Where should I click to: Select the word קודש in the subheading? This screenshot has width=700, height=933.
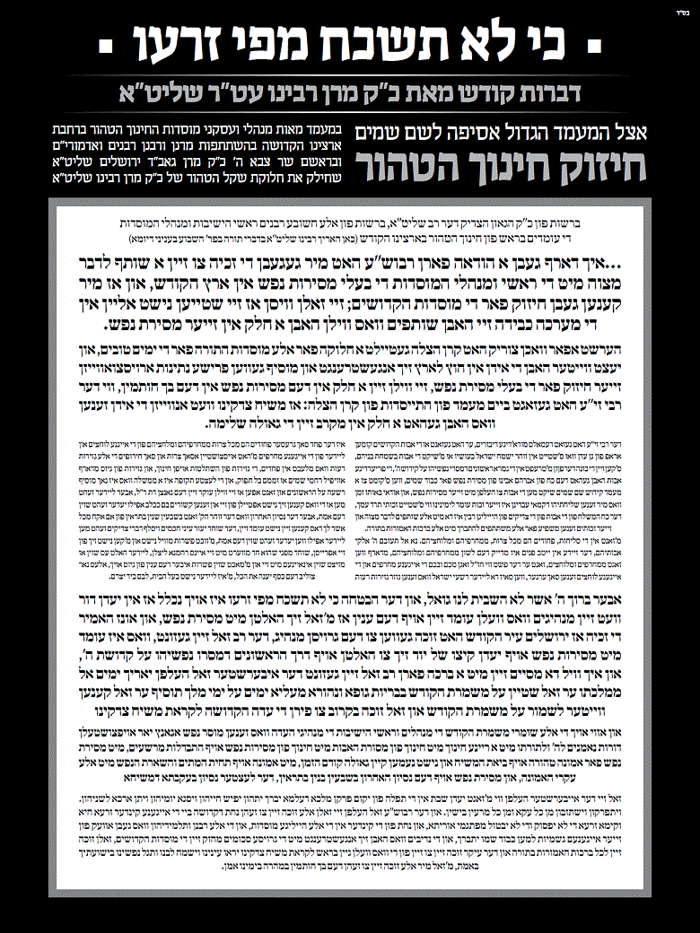click(x=485, y=90)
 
